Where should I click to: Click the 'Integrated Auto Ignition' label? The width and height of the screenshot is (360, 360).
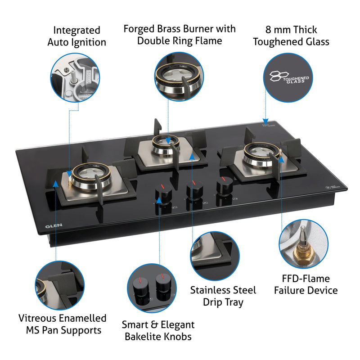tap(76, 36)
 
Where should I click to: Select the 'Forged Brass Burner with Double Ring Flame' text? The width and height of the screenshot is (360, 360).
tap(180, 35)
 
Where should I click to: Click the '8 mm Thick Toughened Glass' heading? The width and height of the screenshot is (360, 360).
tap(291, 36)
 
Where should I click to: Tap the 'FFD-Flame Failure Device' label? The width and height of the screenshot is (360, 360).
tap(306, 284)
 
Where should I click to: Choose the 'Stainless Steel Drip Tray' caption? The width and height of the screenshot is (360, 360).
tap(223, 296)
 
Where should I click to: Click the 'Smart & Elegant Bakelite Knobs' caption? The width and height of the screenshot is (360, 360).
tap(158, 330)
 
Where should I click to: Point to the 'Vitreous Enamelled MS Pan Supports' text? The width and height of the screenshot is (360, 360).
tap(63, 324)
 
